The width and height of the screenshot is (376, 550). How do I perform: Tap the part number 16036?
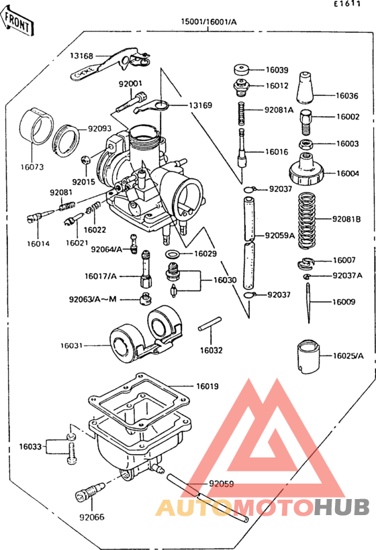click(x=347, y=96)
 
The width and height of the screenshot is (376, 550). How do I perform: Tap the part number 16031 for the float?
click(x=70, y=345)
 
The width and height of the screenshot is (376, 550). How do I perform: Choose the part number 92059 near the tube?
click(x=221, y=484)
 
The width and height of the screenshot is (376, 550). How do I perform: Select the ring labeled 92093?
click(x=66, y=137)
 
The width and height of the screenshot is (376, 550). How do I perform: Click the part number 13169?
click(x=199, y=105)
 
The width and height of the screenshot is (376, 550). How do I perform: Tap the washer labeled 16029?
click(x=172, y=254)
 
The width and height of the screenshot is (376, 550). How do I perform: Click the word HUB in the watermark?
click(x=342, y=508)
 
